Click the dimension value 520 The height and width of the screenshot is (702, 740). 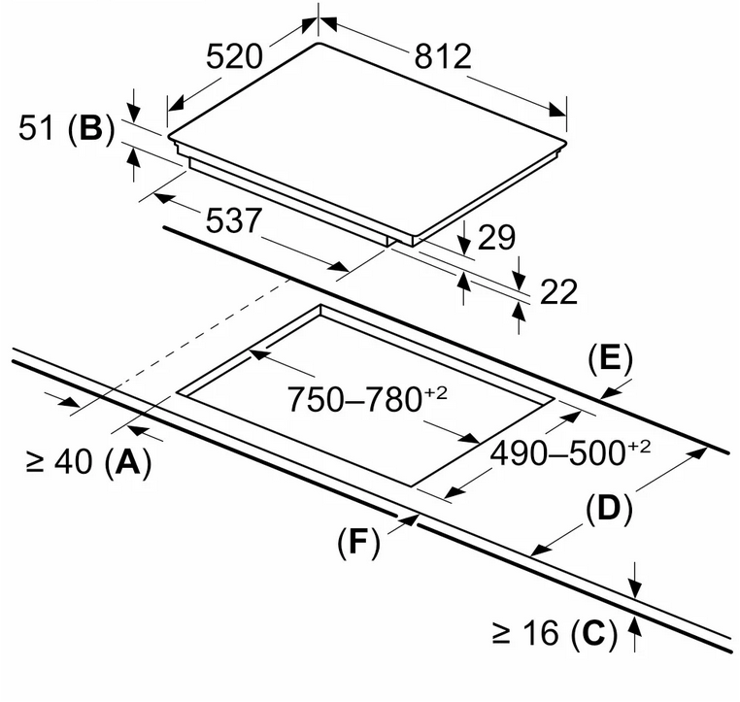(234, 56)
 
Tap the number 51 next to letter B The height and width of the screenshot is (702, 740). (40, 129)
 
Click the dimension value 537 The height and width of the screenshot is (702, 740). (234, 221)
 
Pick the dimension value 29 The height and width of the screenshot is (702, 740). (496, 238)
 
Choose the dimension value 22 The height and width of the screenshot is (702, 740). (557, 291)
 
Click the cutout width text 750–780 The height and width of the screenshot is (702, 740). (353, 399)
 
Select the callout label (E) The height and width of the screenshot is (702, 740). (610, 358)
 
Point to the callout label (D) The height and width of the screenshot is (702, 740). (608, 509)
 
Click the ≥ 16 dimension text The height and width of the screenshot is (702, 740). (525, 635)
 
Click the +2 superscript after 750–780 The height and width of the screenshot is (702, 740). (435, 390)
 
